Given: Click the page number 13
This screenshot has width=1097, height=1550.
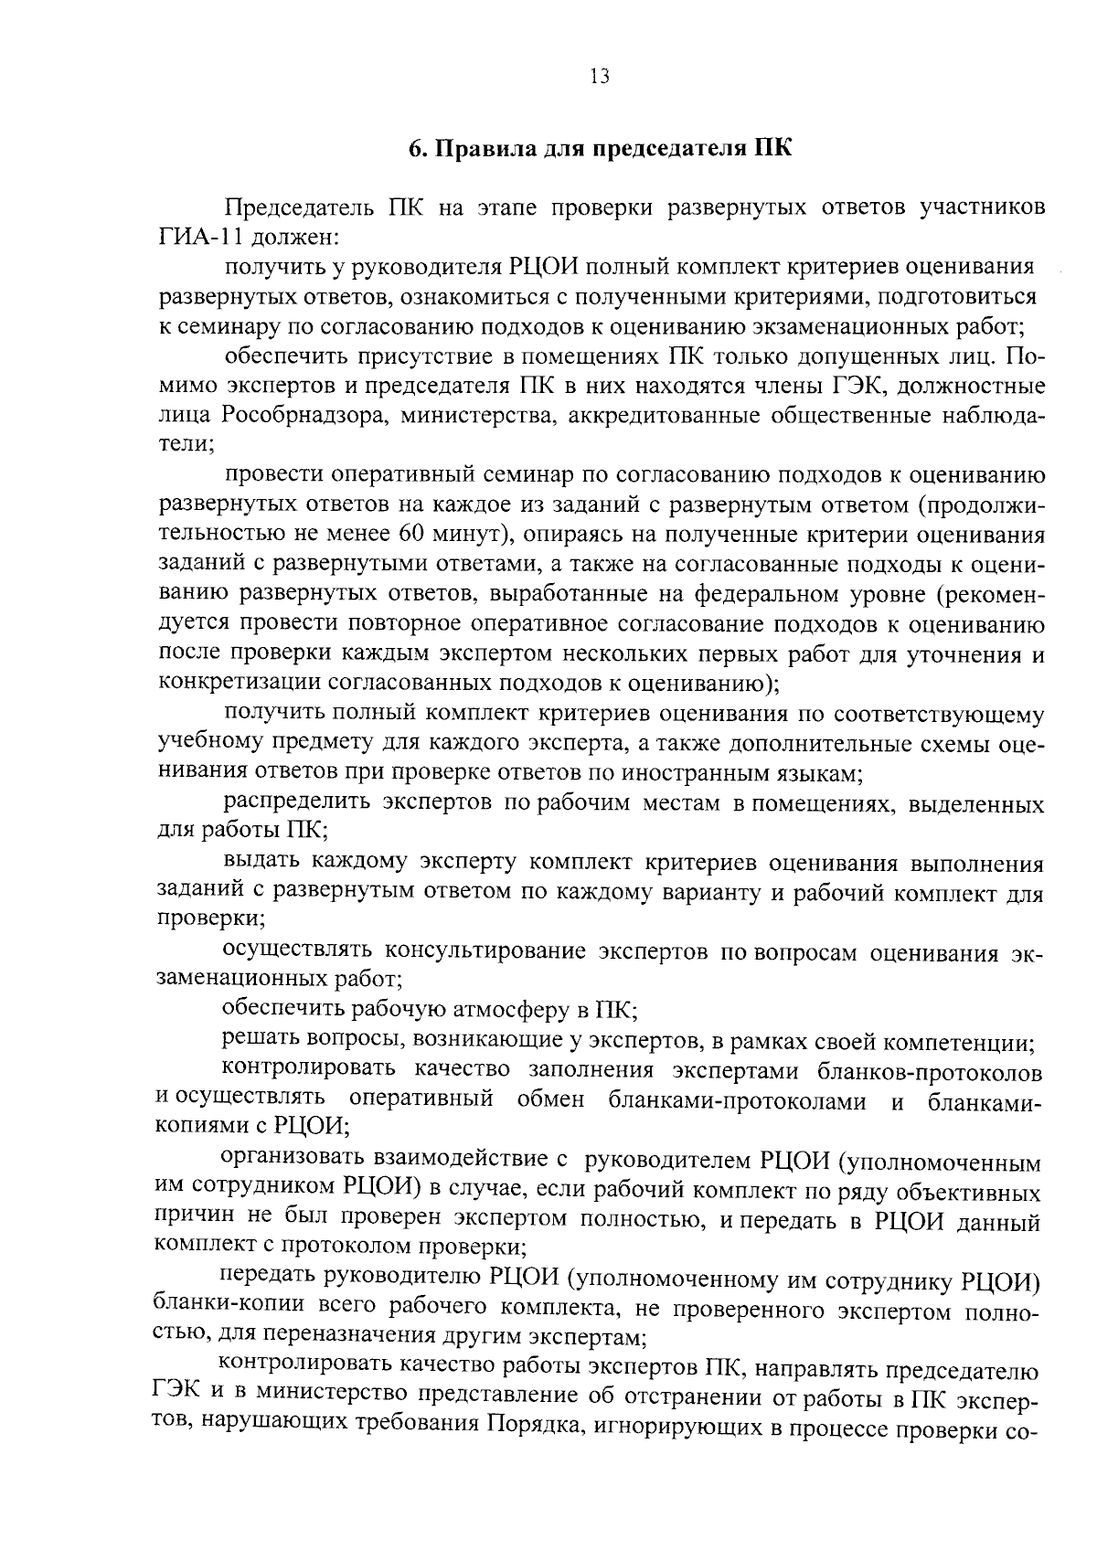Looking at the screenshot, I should click(599, 77).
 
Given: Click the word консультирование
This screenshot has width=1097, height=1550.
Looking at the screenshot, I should click(485, 951).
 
